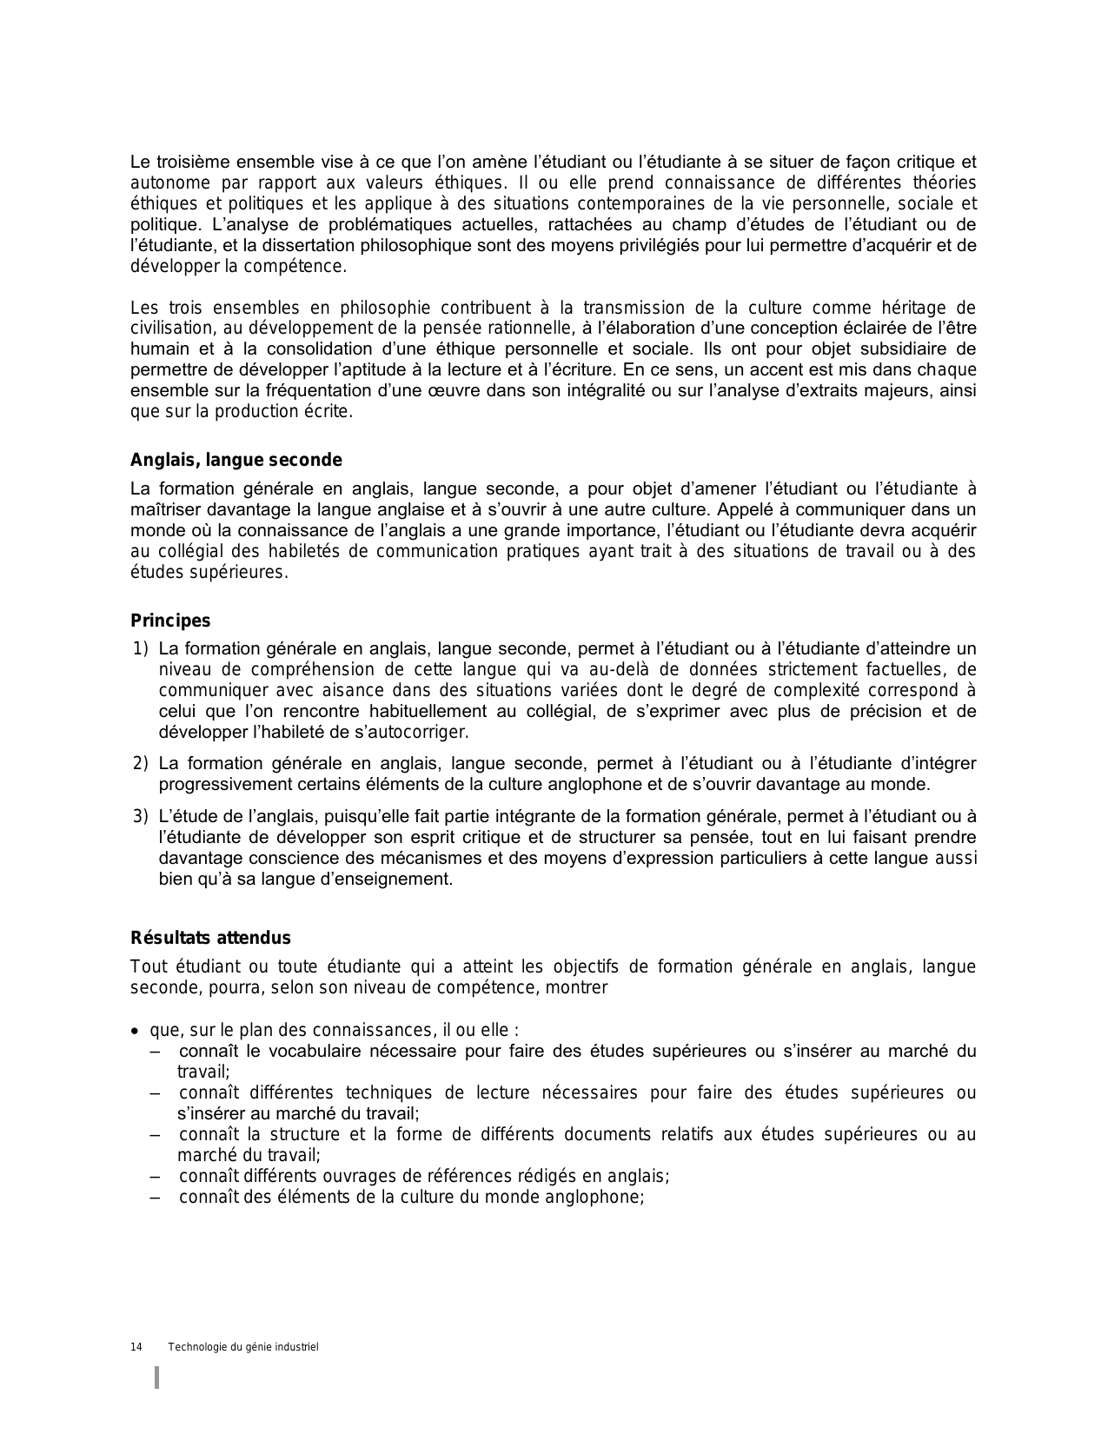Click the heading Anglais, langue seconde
[236, 461]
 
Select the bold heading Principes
[170, 621]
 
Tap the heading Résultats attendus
[210, 938]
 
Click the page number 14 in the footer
[136, 1347]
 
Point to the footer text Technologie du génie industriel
[243, 1347]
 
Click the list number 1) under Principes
[141, 648]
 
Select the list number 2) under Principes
[141, 763]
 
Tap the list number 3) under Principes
[141, 816]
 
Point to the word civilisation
[170, 329]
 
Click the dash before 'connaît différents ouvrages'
[156, 1177]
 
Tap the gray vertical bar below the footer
[157, 1378]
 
